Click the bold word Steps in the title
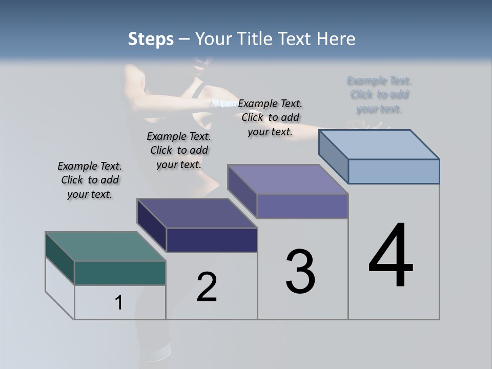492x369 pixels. (x=151, y=39)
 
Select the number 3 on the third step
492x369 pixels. (x=300, y=272)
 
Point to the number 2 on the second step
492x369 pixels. (x=207, y=287)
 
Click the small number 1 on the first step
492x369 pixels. (x=119, y=303)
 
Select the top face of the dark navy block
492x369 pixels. (x=197, y=213)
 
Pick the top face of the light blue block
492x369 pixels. (x=379, y=145)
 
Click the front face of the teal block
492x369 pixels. (x=120, y=273)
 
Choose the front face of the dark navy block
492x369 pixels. (x=212, y=240)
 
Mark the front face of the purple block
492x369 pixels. (x=302, y=206)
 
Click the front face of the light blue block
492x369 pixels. (x=394, y=171)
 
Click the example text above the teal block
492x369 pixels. (x=90, y=180)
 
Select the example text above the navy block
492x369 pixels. (x=179, y=151)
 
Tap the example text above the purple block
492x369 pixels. (x=270, y=118)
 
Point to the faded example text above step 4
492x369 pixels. (x=379, y=95)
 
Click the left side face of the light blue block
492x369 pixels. (x=333, y=156)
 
